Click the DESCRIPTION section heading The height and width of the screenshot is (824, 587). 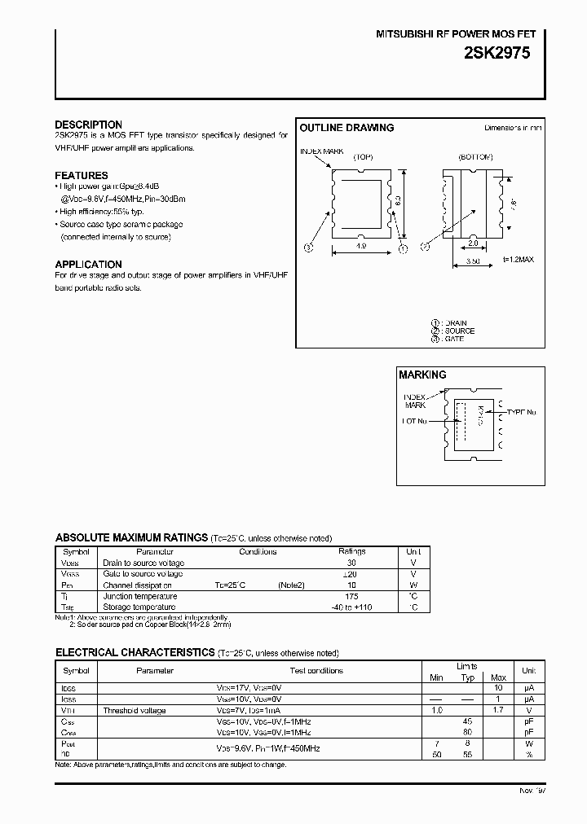[x=88, y=125]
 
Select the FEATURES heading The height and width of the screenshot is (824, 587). [x=82, y=175]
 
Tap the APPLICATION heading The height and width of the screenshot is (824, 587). [x=88, y=264]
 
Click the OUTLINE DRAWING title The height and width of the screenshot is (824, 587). [x=346, y=128]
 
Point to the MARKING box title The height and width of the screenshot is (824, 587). [x=422, y=375]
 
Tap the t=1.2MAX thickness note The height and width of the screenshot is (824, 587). [x=519, y=260]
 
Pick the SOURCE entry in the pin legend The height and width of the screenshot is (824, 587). [x=458, y=331]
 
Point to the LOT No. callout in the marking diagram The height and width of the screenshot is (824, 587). [x=413, y=421]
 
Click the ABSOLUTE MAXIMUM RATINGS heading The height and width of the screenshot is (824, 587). [x=130, y=537]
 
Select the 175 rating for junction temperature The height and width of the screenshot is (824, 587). [x=352, y=596]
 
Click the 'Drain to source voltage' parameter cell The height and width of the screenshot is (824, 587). [x=143, y=563]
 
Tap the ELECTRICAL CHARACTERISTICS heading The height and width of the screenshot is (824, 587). [x=135, y=653]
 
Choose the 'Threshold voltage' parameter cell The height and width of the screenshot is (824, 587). [x=134, y=711]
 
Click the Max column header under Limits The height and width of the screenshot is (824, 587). [x=499, y=677]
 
